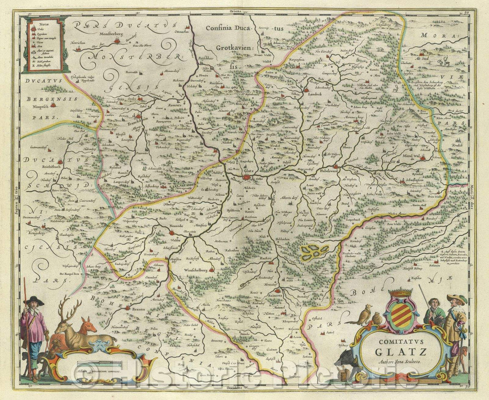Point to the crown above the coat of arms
coord(399,294)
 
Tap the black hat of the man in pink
coord(34,300)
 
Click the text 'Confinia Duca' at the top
coord(227,29)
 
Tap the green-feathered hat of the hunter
coord(456,299)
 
